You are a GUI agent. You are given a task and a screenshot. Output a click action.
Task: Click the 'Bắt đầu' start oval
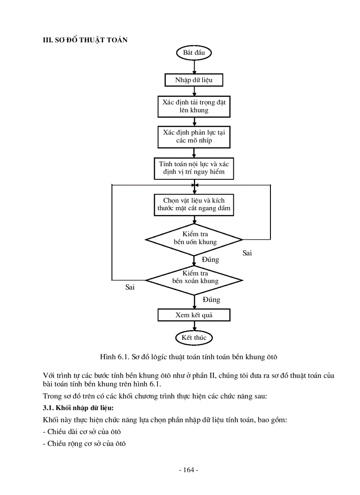point(194,53)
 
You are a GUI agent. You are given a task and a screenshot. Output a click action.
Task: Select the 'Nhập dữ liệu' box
point(194,80)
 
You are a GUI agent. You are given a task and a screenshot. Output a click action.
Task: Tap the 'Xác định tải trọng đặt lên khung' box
point(194,106)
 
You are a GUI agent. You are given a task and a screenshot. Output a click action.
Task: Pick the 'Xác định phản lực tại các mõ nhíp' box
point(194,137)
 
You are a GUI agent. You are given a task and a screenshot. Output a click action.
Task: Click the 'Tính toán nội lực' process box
point(194,168)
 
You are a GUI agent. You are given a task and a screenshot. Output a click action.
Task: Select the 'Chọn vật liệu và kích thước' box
point(194,205)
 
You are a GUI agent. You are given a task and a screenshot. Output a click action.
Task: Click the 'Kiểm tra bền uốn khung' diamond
point(194,238)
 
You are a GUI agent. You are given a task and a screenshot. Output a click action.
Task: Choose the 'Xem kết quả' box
point(194,315)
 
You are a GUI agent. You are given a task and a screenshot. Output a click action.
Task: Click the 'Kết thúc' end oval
point(194,338)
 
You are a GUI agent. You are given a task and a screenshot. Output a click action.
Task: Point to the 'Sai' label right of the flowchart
point(247,253)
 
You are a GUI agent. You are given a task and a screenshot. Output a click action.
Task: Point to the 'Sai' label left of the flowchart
point(130,287)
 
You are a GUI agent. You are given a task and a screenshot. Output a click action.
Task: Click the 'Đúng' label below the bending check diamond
point(210,260)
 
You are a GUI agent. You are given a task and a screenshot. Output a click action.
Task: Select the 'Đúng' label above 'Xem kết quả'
point(211,300)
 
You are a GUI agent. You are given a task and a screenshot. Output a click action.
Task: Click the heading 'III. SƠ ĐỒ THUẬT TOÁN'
point(85,40)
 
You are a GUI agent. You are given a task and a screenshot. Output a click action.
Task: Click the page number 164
point(188,470)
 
